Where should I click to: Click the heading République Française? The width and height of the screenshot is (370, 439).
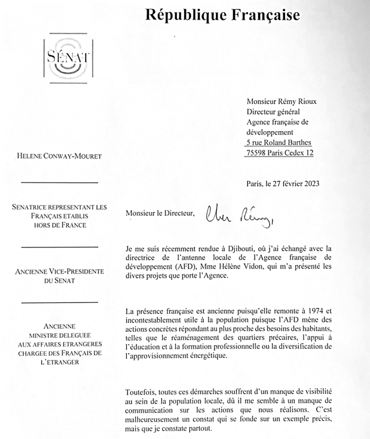coord(222,15)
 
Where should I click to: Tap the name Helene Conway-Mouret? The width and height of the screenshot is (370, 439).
coord(60,156)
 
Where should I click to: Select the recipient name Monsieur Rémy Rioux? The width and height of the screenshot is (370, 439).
coord(281,102)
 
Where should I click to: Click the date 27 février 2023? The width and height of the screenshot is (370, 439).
coord(292,184)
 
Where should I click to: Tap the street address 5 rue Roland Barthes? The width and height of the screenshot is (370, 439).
coord(279,143)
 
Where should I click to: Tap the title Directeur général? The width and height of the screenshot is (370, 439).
coord(273,112)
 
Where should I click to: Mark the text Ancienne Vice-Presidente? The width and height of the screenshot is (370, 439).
coord(60,272)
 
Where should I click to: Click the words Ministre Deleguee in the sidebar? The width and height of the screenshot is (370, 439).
coord(60,335)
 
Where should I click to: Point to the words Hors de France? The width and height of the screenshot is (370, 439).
coord(60,225)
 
